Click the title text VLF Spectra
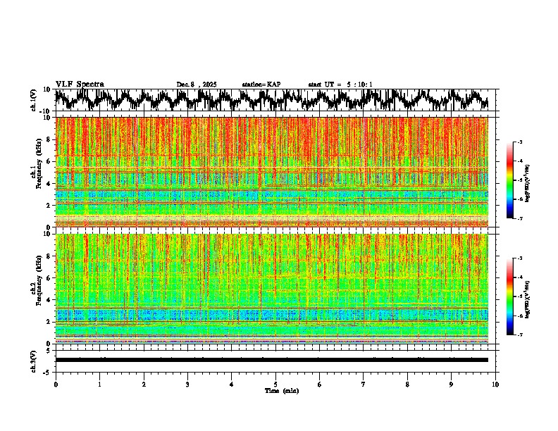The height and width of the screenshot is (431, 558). coord(80,84)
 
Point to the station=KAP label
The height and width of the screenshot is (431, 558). coord(261,85)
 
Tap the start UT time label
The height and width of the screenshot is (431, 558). coord(340,85)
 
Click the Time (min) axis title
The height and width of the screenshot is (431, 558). coord(281,390)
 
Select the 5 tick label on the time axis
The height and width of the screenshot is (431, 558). coord(275,384)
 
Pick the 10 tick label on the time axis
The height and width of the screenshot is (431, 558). coord(495,384)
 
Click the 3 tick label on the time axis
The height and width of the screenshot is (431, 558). coord(187,384)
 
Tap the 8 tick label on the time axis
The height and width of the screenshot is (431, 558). coord(407,384)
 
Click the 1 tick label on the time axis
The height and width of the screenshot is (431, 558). coord(99,384)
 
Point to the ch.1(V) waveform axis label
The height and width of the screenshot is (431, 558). coord(35,100)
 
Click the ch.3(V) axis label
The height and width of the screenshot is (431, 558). coord(35,359)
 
